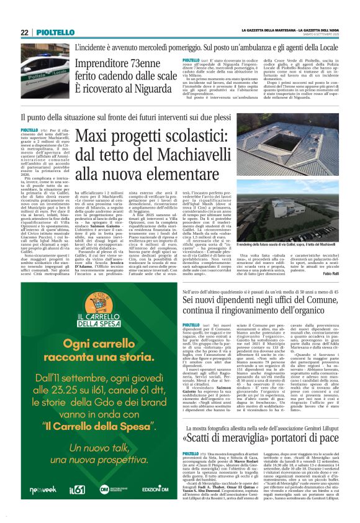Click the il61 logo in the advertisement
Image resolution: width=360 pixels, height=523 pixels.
pyautogui.click(x=76, y=490)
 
